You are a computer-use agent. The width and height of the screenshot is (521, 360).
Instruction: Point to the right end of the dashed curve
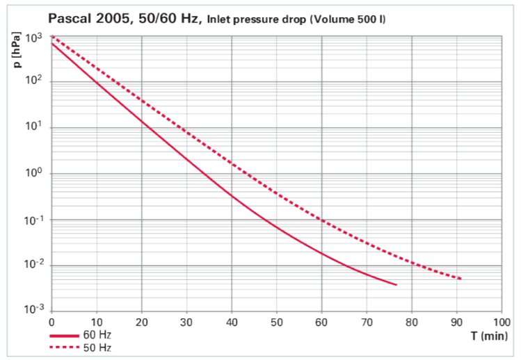coord(460,279)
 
